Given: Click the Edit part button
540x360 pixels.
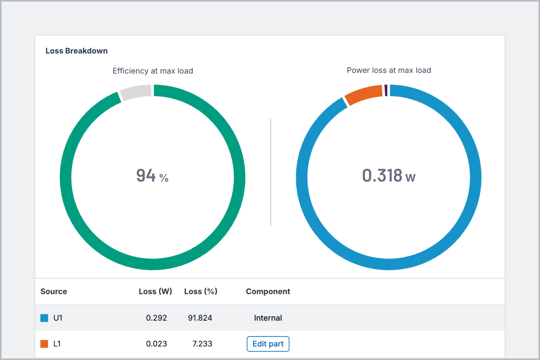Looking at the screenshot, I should click(x=268, y=344).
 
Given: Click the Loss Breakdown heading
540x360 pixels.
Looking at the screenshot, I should click(x=77, y=51).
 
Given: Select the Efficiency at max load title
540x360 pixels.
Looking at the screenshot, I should click(x=153, y=71).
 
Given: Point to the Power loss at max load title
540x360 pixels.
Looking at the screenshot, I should click(x=389, y=70).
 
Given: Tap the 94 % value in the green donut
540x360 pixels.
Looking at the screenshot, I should click(x=152, y=176).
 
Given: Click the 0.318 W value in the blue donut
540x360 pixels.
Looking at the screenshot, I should click(x=389, y=176).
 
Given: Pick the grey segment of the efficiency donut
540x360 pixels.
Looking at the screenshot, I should click(x=136, y=92).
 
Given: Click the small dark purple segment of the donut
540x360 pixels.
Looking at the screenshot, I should click(x=386, y=90).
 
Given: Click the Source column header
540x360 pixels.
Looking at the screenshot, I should click(x=54, y=291).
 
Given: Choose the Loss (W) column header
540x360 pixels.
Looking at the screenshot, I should click(x=155, y=291).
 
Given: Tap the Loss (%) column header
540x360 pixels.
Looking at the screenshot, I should click(x=201, y=291).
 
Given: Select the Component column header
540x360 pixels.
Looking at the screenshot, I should click(x=268, y=291).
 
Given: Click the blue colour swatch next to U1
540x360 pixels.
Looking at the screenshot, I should click(x=44, y=318).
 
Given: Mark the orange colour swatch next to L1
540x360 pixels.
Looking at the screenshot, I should click(x=44, y=344).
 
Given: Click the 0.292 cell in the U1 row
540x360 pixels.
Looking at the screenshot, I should click(x=156, y=318).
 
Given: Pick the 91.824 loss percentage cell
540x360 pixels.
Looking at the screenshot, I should click(x=200, y=318).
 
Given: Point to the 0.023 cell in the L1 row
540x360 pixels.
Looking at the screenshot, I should click(x=156, y=344).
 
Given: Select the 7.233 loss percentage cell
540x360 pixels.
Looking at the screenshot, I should click(x=202, y=344).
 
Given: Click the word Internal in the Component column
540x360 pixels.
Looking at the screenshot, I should click(x=268, y=318).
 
